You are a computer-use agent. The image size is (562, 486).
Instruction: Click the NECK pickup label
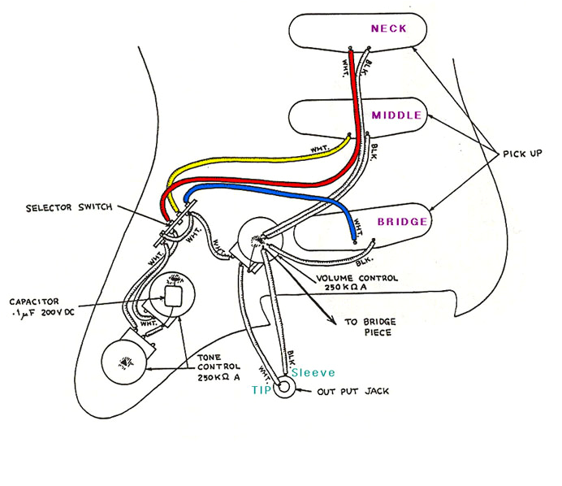387,29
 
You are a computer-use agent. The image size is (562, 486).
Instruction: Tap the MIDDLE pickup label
396,115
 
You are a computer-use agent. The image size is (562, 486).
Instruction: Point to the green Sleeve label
312,372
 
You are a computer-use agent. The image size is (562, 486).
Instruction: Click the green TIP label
262,391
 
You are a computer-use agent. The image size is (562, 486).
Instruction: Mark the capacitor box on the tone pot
173,297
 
